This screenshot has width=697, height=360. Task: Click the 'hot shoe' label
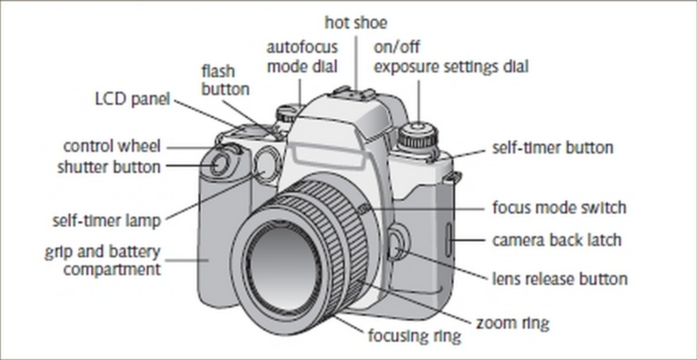coord(355,23)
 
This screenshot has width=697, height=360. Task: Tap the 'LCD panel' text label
coord(132,100)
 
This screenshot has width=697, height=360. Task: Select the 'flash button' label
coord(225,80)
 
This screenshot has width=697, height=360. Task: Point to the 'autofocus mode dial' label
coord(302,57)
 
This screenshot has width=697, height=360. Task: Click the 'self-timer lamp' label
coord(106,221)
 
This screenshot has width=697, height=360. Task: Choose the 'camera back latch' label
coord(557,240)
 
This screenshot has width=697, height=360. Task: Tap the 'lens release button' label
coord(559,279)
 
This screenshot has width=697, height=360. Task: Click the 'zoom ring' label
coord(513,323)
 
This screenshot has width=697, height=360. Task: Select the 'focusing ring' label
coord(414,335)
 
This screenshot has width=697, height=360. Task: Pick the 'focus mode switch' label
coord(559,208)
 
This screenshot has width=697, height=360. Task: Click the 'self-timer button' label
coord(552,148)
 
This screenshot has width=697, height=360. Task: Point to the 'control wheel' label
coord(112,146)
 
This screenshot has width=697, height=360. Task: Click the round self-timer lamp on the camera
coord(265,165)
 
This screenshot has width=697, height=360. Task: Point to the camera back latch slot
coord(448,240)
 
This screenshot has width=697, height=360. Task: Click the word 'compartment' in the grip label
coord(112,269)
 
